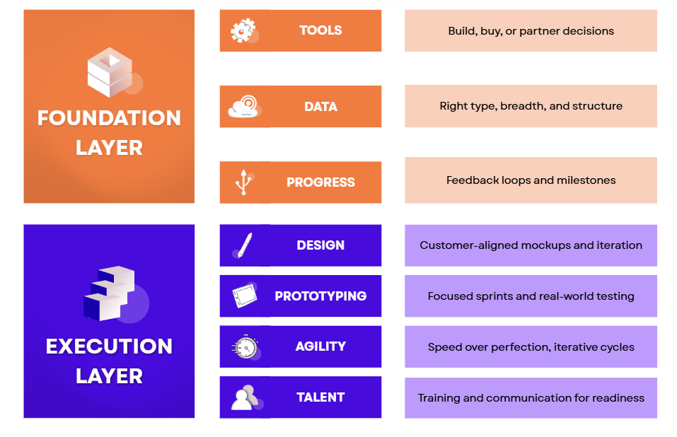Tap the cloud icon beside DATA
pos(244,107)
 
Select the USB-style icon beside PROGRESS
pos(244,182)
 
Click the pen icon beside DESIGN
pos(243,245)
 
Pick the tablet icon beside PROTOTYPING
pos(245,296)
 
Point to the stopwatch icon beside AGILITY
pos(246,347)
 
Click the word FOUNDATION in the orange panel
pos(109,118)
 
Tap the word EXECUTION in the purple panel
pos(109,346)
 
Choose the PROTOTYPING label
pos(320,296)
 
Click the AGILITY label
pos(320,346)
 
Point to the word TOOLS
pos(320,30)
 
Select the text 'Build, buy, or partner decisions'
pos(531,31)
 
